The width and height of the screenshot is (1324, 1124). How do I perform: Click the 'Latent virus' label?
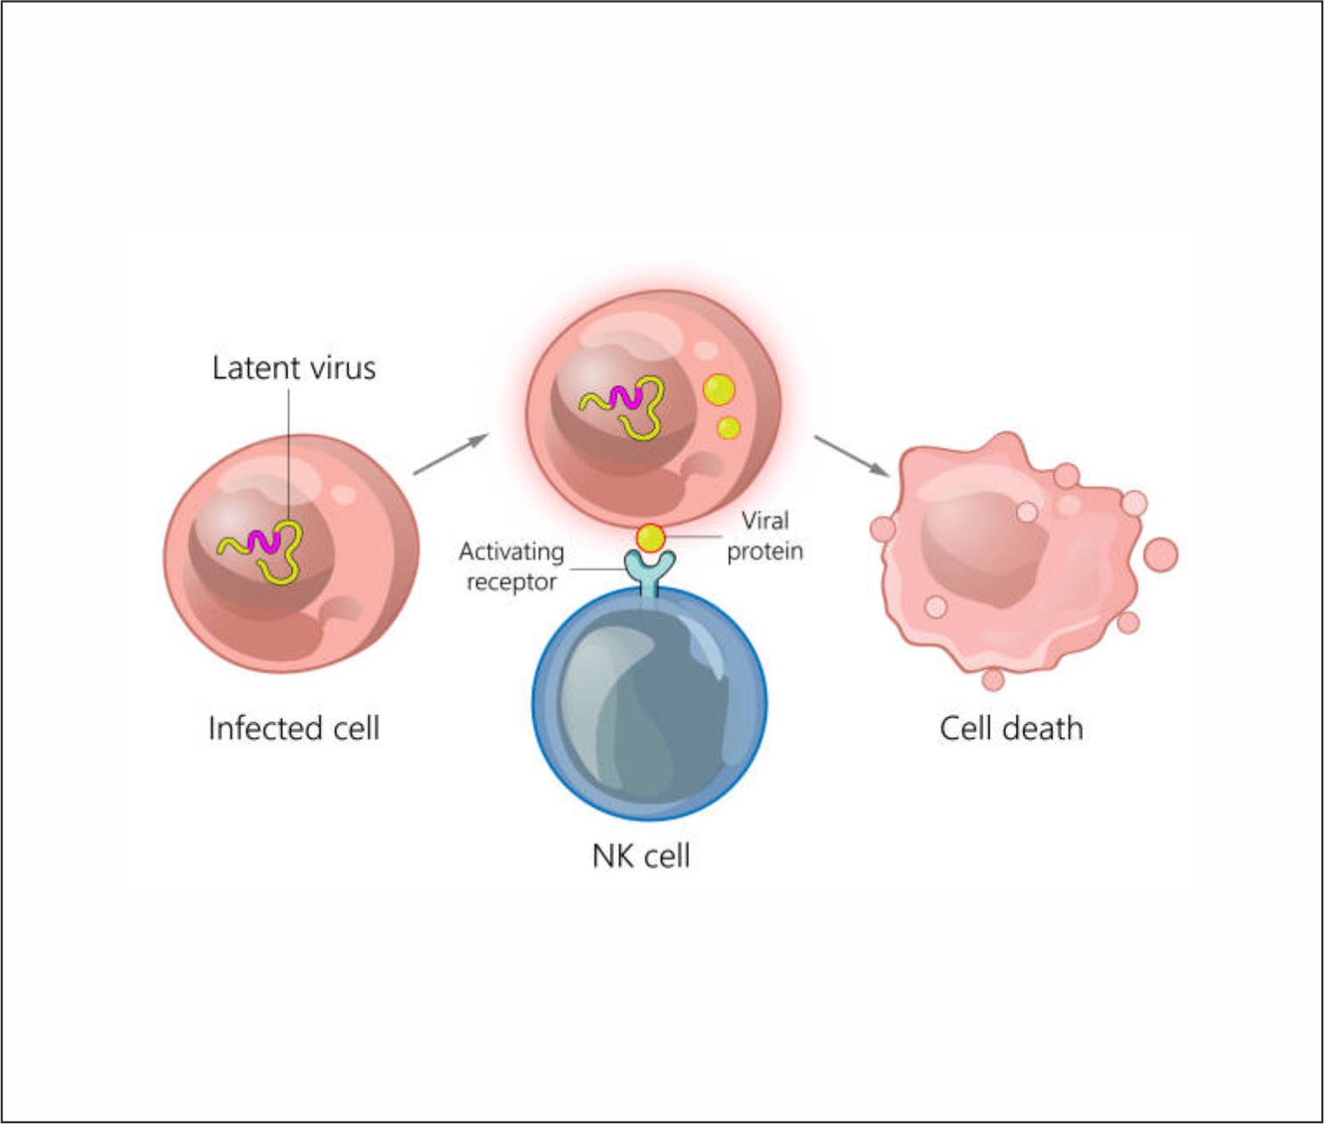click(x=293, y=368)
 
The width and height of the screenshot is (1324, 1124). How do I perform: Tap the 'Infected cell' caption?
click(x=293, y=727)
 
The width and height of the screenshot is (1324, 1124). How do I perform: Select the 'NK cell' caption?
click(x=641, y=856)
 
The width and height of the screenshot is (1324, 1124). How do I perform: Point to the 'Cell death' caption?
click(x=1010, y=727)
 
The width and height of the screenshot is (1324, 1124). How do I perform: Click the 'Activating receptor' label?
click(x=512, y=566)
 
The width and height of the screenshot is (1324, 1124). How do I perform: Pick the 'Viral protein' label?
click(x=765, y=535)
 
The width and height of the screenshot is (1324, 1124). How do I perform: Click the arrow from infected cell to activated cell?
click(x=451, y=453)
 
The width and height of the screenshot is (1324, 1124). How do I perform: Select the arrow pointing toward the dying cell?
click(x=852, y=455)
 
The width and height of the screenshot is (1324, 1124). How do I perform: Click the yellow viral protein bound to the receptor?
click(x=651, y=537)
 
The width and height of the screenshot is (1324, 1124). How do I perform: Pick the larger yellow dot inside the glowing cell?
click(x=719, y=390)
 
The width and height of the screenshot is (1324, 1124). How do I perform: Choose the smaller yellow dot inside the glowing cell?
click(x=728, y=428)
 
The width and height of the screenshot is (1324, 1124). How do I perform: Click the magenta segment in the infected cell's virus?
click(x=261, y=541)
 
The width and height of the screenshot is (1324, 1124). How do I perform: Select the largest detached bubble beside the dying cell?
click(x=1160, y=555)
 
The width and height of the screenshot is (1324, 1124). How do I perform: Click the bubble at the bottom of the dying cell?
click(x=992, y=679)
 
